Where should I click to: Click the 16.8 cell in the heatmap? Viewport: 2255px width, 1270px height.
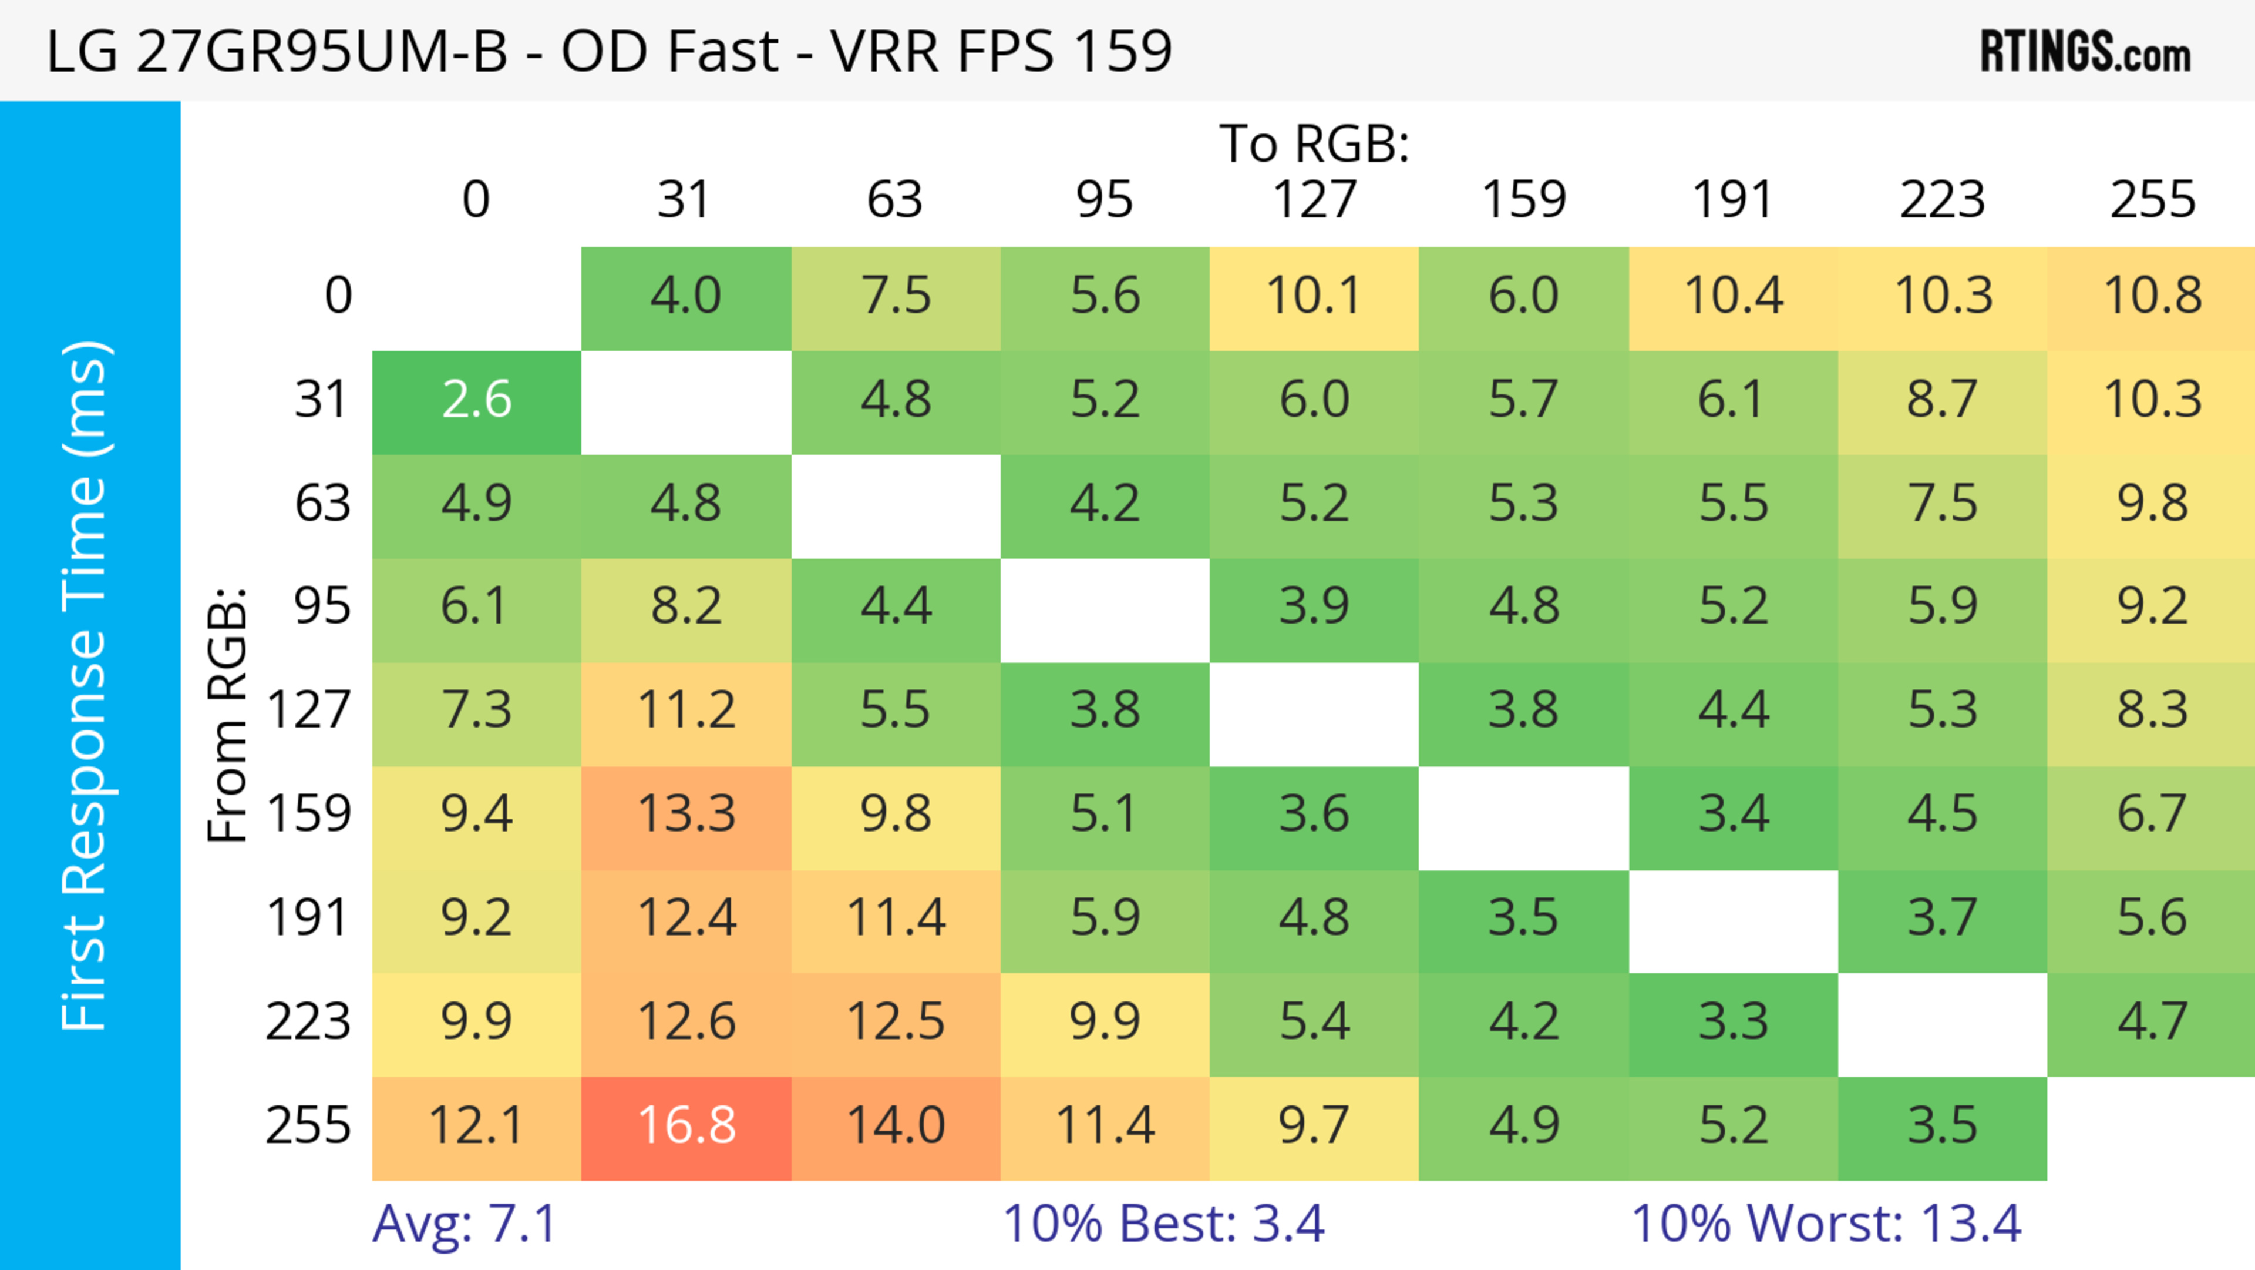(686, 1127)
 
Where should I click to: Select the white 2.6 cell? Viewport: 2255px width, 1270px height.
(476, 400)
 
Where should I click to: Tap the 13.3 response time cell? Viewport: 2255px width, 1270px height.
(686, 815)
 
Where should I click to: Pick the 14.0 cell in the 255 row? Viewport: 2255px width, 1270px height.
(896, 1127)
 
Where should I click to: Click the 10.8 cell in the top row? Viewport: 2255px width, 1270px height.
(2152, 296)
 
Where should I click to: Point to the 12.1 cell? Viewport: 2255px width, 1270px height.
(476, 1127)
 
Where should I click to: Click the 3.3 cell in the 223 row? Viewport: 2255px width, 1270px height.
(1734, 1022)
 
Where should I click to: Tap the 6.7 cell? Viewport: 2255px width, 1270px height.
(2152, 815)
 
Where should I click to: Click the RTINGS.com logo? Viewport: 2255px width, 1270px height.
(2085, 52)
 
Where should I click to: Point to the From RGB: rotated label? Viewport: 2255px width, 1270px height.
(228, 715)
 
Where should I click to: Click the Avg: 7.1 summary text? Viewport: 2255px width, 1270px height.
(464, 1224)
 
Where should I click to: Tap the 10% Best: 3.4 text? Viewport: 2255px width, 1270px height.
(1163, 1224)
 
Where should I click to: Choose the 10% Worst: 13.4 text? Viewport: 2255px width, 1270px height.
(1826, 1224)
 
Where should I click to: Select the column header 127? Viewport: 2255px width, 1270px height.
(1314, 200)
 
